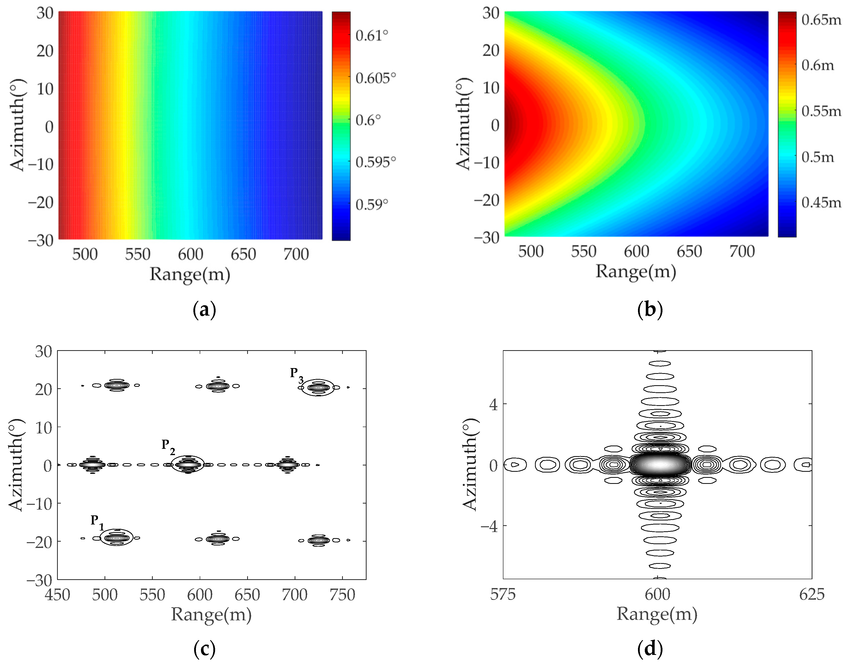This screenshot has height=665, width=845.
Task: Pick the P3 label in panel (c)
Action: [x=296, y=375]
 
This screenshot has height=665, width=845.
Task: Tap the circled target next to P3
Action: [x=318, y=387]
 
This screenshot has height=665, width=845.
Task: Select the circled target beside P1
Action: [x=116, y=538]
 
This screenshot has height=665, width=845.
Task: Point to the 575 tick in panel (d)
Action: [x=503, y=595]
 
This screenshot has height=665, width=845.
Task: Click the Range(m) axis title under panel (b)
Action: [x=635, y=271]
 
